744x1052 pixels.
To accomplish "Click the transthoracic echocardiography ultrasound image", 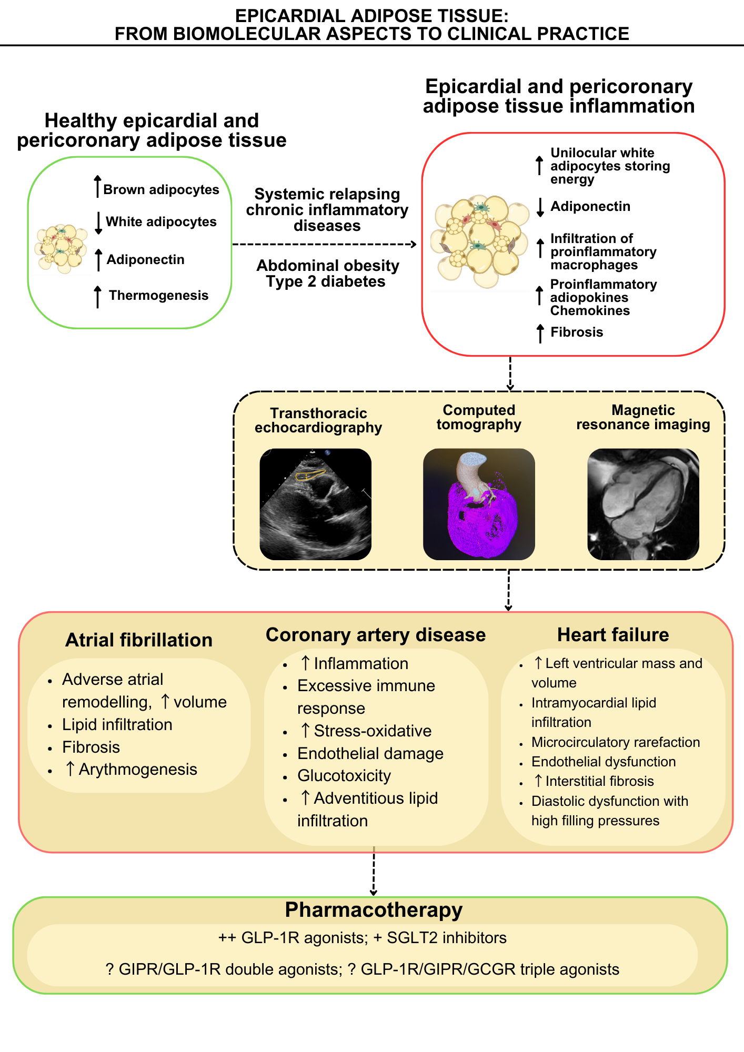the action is tap(315, 504).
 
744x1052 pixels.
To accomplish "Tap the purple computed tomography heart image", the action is tap(479, 504).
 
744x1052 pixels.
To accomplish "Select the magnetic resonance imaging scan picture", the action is tap(643, 504).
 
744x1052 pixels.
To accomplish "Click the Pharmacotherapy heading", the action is tap(374, 910).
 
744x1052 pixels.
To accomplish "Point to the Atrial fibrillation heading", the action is tap(139, 640).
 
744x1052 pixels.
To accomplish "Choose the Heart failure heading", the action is tap(613, 635).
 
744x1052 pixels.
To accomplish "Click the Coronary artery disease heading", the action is tap(376, 635).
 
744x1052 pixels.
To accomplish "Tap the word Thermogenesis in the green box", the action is tap(159, 296).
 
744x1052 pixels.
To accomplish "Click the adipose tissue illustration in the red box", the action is tap(480, 242).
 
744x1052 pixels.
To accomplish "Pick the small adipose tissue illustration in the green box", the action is tap(61, 249).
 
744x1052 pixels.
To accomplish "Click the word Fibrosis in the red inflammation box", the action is tap(577, 332).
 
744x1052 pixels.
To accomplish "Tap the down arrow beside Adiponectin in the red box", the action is tap(540, 207).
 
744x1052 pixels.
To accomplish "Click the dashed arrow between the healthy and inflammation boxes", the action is tap(325, 244).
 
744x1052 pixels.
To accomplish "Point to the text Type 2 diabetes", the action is tap(326, 282).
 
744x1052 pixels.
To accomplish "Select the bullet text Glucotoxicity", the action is tap(344, 776).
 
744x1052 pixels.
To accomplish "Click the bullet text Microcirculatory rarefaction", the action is tap(616, 742).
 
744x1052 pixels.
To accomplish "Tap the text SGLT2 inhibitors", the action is tap(447, 938).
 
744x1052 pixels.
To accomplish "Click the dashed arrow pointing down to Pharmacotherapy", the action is tap(374, 871).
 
